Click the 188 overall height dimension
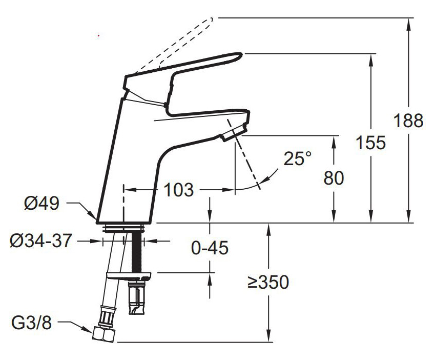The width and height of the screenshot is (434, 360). point(408,121)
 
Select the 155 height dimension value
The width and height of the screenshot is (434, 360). point(370,143)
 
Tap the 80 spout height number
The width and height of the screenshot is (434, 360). point(334,178)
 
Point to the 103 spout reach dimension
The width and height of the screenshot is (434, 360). point(178,190)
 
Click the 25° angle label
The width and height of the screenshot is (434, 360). point(298,158)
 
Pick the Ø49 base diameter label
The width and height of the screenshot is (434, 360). point(42,204)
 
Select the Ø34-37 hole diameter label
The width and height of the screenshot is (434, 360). point(41,241)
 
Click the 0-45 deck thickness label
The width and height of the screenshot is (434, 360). point(210,248)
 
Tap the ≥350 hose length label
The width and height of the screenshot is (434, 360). point(268,282)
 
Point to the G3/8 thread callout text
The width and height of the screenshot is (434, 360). point(32,323)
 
